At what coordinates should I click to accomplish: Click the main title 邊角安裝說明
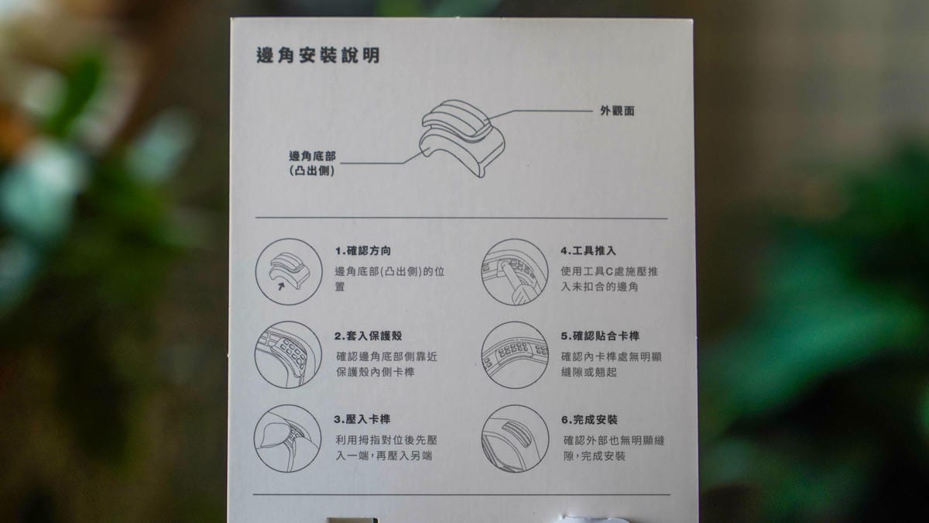point(318,55)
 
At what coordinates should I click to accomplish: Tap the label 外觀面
point(617,111)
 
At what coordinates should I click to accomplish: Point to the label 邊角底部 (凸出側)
point(312,163)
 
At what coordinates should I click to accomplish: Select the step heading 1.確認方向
point(363,251)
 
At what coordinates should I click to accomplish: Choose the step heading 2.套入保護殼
point(369,335)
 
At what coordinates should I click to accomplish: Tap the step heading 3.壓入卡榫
point(362,419)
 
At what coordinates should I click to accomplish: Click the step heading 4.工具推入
point(588,251)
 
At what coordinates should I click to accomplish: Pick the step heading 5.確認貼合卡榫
point(600,335)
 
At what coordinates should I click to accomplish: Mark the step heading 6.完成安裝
point(589,420)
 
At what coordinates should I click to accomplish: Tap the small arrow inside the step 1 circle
point(281,287)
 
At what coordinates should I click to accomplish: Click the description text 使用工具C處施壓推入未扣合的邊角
point(609,279)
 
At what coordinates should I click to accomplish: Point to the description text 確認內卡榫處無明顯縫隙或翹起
point(612,364)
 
